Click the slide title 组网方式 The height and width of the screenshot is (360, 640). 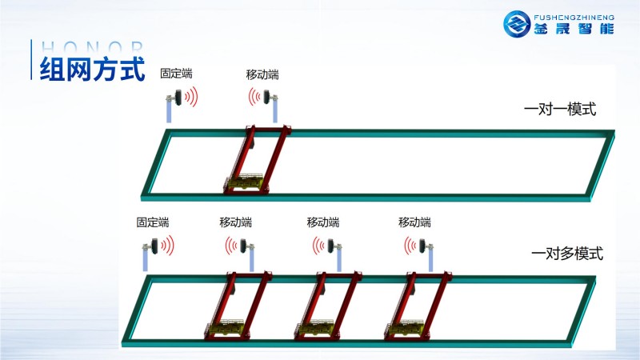(92, 68)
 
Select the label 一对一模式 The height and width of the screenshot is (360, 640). (560, 110)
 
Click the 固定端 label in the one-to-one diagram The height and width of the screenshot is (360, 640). (176, 74)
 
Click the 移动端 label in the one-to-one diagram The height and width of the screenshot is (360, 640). (262, 74)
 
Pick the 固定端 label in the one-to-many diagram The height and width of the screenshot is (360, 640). (153, 222)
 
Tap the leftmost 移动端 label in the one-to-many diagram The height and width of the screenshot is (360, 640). (236, 222)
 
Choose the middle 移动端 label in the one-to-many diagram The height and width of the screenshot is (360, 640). (323, 222)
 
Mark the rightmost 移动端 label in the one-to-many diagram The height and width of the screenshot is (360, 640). (414, 222)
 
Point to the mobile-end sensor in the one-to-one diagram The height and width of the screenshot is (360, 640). (268, 98)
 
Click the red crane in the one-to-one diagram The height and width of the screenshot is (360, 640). (256, 160)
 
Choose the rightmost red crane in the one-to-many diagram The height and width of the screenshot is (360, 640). (416, 304)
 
